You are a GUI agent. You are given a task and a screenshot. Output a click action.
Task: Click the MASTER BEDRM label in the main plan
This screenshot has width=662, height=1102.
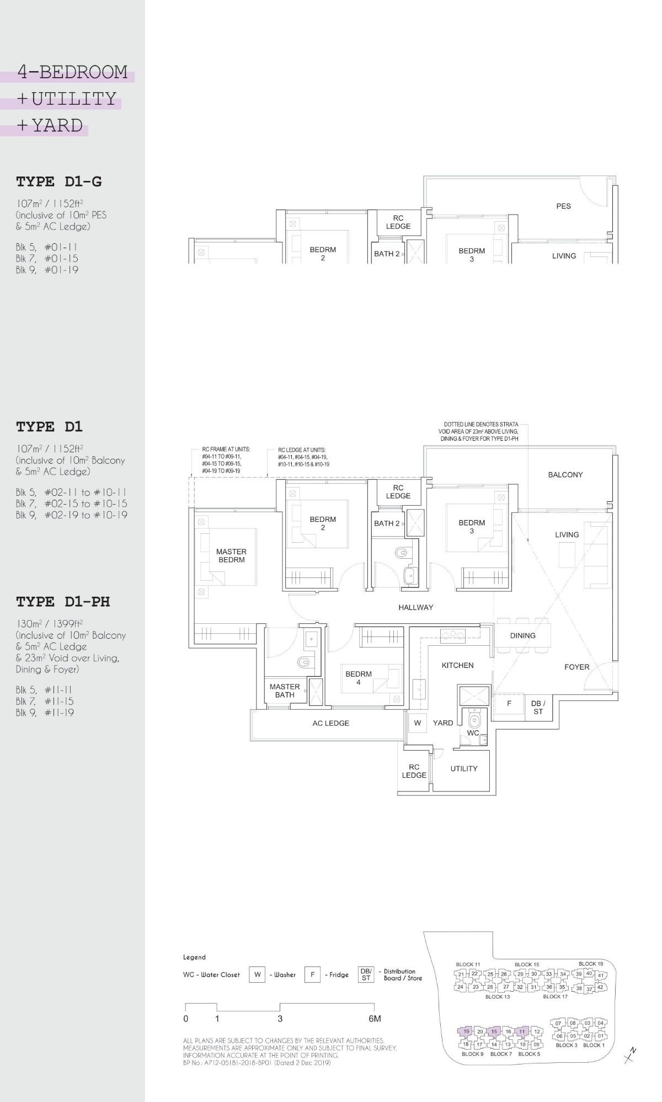[231, 555]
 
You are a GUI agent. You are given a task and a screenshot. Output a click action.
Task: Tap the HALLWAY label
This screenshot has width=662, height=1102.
[415, 607]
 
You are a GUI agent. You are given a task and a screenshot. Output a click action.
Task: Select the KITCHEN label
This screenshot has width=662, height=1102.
[457, 665]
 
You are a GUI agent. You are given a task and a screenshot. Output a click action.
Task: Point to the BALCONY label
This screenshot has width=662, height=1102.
[565, 474]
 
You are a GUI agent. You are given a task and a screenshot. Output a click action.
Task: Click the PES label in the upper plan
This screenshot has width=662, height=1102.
[563, 206]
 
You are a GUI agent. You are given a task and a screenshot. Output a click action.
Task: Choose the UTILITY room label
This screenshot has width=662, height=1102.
[463, 768]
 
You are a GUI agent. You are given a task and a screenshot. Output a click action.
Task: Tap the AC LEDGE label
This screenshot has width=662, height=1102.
[330, 723]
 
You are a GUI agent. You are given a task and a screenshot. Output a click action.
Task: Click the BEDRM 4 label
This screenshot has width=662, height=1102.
[359, 678]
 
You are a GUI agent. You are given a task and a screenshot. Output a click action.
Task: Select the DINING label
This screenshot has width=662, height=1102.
[522, 635]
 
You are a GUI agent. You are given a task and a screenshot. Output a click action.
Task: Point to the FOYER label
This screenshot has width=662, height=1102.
[576, 667]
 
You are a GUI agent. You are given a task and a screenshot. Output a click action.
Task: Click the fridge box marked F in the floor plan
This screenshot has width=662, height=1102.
[509, 704]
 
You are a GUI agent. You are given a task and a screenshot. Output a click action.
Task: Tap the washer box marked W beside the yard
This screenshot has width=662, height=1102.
[418, 723]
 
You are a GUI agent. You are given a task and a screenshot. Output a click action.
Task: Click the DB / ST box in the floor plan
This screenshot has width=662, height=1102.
[538, 707]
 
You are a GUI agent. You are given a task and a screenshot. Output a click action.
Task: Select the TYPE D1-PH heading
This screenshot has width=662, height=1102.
[63, 602]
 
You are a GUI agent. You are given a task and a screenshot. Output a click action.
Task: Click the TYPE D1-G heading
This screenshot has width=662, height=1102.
[58, 181]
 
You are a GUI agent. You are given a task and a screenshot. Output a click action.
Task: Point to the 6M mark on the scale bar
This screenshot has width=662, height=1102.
[375, 1019]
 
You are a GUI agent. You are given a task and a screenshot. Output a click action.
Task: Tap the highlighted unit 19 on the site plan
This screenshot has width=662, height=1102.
[466, 1031]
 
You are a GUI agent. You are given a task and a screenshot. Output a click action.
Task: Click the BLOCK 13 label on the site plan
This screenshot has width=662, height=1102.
[498, 997]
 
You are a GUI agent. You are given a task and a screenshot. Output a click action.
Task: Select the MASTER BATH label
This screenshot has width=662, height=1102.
[285, 691]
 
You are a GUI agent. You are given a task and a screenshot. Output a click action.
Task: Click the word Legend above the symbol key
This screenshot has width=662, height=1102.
[194, 957]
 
